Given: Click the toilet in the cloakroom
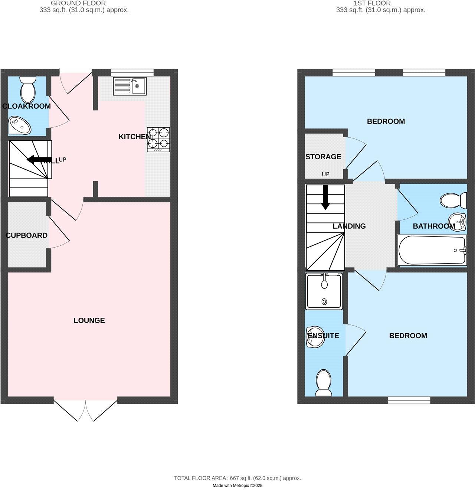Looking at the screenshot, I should pos(28,89).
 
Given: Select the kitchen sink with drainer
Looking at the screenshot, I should pos(130,86).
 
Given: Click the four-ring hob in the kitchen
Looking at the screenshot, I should pos(158,139).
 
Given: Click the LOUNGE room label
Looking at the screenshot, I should pos(89,320).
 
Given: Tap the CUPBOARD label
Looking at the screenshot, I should pos(26,235).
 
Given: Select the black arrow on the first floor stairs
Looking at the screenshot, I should pos(325,197).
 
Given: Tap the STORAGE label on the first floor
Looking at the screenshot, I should pos(323,157).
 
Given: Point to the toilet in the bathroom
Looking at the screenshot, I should pos(453,200).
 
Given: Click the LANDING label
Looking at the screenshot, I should pos(349,226).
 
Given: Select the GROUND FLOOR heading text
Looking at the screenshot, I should pos(78,3).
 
